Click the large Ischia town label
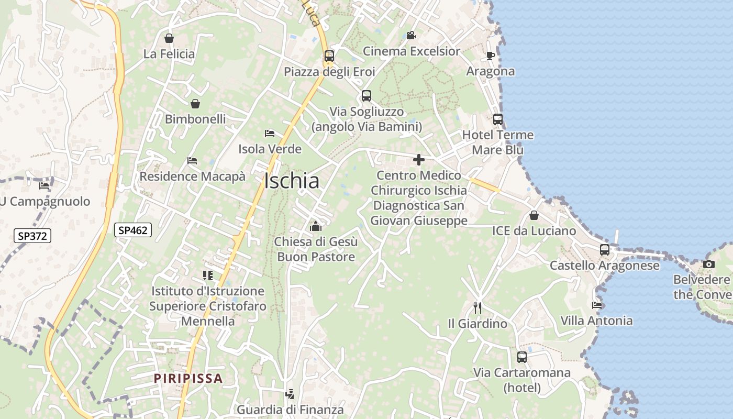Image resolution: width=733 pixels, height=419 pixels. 292,181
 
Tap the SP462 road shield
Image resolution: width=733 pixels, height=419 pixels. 134,229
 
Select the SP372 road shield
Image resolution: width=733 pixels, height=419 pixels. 32,236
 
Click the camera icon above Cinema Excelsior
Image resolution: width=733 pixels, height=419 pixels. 411,35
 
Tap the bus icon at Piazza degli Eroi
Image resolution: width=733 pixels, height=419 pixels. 329,56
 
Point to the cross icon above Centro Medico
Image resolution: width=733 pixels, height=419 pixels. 419,160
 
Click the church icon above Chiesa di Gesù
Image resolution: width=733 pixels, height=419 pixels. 316,226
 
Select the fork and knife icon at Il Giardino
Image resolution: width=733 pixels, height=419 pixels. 477,307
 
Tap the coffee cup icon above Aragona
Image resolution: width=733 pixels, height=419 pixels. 491,56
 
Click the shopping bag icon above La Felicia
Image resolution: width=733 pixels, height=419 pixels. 169,38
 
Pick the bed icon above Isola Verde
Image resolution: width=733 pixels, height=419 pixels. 270,134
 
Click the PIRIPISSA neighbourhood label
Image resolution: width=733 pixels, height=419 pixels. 188,378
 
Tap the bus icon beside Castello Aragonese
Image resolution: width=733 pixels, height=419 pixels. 605,250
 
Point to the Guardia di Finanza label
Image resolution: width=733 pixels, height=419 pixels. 291,409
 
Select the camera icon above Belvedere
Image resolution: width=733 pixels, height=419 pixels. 709,264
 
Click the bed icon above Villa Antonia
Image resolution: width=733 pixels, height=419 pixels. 597,305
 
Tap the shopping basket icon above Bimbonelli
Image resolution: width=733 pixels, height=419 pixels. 195,104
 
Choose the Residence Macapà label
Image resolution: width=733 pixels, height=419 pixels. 192,176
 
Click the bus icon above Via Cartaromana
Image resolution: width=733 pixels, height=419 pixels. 522,357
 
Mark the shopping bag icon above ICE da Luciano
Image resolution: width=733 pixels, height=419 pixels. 534,215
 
